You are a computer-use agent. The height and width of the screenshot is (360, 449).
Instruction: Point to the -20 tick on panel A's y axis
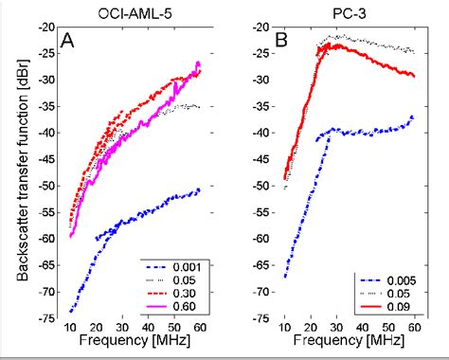pos(46,27)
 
